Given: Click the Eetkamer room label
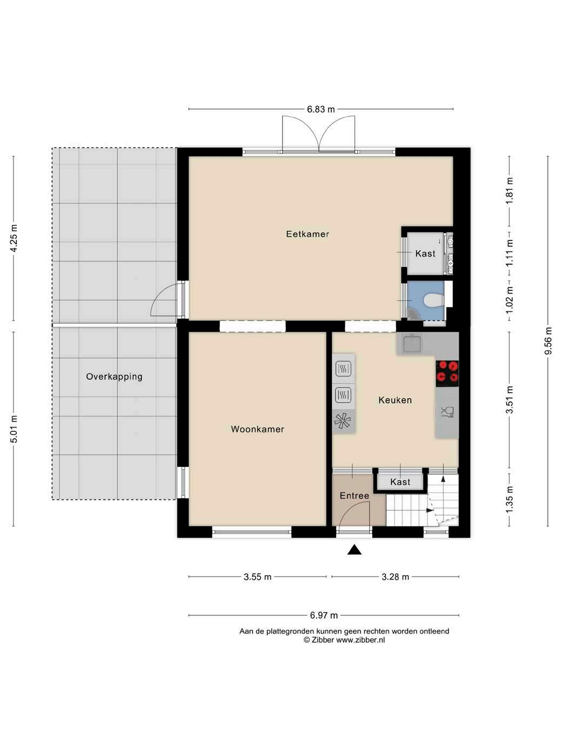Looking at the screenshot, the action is tap(307, 234).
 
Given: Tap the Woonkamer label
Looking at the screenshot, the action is tap(257, 429).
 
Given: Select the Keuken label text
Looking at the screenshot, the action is tap(395, 400).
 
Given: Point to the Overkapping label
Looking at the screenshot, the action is tap(114, 377).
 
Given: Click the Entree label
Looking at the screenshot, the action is tap(354, 496).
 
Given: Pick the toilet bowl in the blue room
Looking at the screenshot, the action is tap(433, 300).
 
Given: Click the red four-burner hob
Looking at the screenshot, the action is tap(448, 373).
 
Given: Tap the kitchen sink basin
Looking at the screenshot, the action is tap(412, 344).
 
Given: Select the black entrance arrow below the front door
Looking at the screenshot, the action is tap(354, 550).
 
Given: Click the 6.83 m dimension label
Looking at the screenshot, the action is tap(321, 109).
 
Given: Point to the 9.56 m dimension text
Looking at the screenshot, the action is tap(548, 341).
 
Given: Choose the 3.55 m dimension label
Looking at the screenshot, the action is tap(257, 577).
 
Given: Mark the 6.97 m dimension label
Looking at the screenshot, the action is tap(324, 616).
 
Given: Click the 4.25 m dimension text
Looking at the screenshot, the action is tap(14, 238).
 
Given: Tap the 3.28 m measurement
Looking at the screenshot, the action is tap(395, 577).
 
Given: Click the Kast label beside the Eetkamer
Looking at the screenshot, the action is tap(425, 253).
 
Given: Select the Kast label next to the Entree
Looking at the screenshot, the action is tap(400, 482).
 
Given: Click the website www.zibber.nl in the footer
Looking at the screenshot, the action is tap(360, 639).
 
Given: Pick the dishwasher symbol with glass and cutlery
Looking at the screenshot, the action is tap(448, 412).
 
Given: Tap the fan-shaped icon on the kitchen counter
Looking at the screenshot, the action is tap(343, 420).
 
